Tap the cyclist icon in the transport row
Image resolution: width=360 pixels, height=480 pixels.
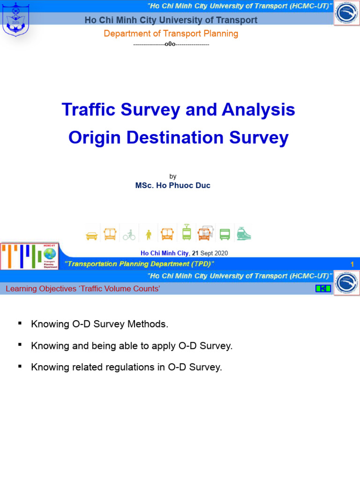[x=129, y=235]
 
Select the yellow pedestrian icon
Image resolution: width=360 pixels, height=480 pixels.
[x=149, y=234]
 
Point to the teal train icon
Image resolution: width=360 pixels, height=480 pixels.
[x=244, y=233]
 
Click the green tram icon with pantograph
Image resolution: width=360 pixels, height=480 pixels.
[x=187, y=232]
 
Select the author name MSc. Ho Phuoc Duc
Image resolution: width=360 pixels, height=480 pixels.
[x=172, y=185]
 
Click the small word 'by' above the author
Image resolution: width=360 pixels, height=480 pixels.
[x=173, y=176]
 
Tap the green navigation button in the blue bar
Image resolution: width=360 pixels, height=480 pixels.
[x=323, y=288]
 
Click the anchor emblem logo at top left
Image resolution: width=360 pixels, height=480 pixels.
[x=15, y=19]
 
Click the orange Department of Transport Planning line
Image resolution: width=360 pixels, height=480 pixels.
[x=171, y=34]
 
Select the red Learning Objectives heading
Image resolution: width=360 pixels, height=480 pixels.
[x=82, y=289]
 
